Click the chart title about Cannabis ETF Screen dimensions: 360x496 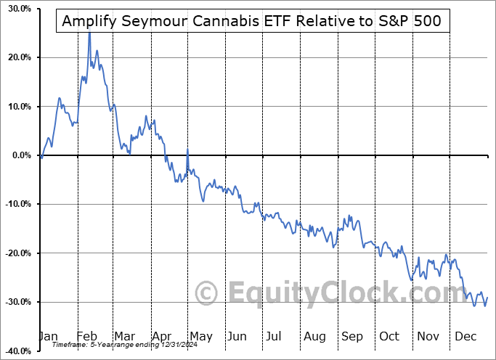pyautogui.click(x=252, y=21)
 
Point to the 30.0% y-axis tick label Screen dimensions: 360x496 pyautogui.click(x=16, y=9)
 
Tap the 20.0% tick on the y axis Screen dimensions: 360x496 pyautogui.click(x=16, y=57)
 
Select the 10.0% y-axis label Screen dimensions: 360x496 pyautogui.click(x=16, y=107)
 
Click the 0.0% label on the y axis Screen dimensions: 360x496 pyautogui.click(x=18, y=155)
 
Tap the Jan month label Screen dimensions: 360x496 pyautogui.click(x=49, y=337)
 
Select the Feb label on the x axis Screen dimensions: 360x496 pyautogui.click(x=86, y=337)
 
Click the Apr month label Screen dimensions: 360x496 pyautogui.click(x=161, y=337)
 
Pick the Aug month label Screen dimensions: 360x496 pyautogui.click(x=314, y=337)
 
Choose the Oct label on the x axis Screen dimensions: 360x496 pyautogui.click(x=390, y=337)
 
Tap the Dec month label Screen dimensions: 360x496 pyautogui.click(x=465, y=337)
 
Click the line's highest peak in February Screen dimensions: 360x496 pyautogui.click(x=89, y=33)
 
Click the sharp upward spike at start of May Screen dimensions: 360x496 pyautogui.click(x=187, y=150)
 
